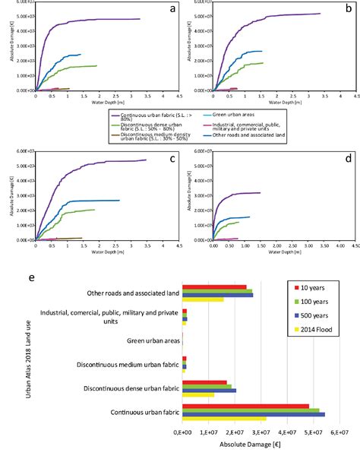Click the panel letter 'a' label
click(x=173, y=8)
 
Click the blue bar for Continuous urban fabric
click(x=253, y=414)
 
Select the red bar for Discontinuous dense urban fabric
click(x=204, y=381)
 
